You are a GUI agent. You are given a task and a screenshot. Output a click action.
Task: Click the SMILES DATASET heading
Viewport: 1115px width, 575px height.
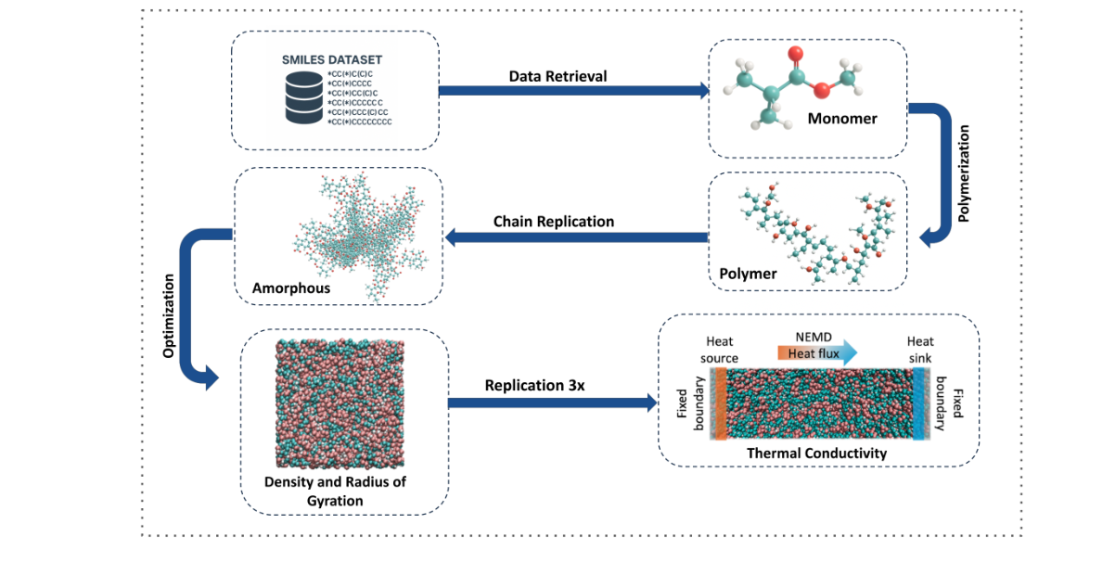point(332,59)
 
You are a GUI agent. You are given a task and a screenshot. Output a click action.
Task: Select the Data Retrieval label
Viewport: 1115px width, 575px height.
point(557,76)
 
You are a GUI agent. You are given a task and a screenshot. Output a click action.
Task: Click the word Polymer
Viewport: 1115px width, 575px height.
point(748,274)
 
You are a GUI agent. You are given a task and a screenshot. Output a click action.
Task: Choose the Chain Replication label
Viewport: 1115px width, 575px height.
point(554,221)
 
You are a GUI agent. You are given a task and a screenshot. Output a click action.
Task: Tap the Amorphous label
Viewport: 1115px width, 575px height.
point(291,288)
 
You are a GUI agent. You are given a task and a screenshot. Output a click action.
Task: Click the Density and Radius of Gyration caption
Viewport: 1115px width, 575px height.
point(336,491)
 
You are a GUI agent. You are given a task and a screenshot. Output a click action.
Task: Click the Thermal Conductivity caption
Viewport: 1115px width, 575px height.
point(818,453)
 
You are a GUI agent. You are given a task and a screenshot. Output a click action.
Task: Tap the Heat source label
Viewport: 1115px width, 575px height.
point(720,350)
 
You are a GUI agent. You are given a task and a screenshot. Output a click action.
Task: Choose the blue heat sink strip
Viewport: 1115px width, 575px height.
point(919,402)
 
